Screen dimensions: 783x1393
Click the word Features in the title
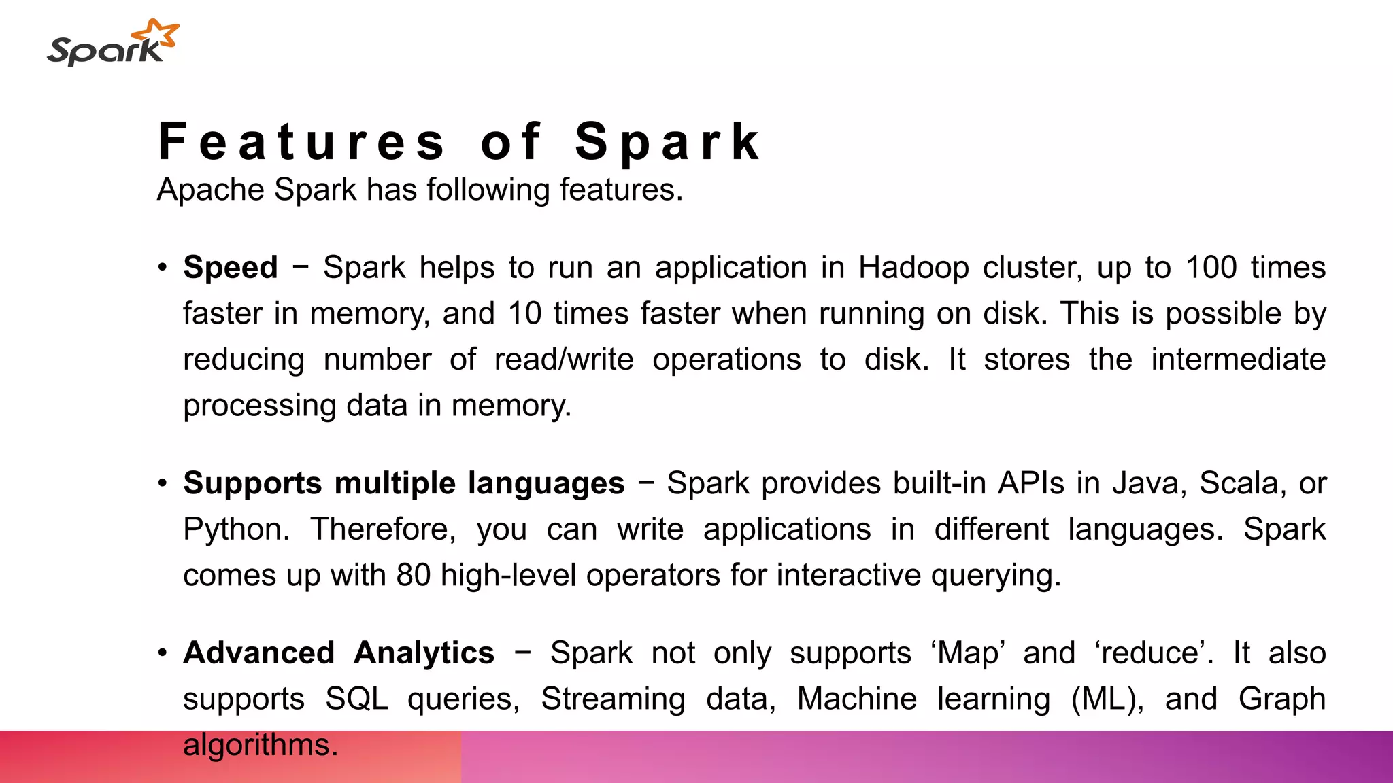pos(302,141)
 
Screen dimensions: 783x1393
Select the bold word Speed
pos(231,267)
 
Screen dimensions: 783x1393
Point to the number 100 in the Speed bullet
pos(1211,267)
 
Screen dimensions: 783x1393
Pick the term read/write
pos(564,360)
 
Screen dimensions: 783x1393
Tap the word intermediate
pos(1238,360)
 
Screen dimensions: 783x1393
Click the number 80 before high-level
pos(414,575)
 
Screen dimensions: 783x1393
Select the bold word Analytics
pos(424,653)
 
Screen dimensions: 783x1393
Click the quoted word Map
pos(968,653)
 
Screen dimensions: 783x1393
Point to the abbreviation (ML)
pos(1107,699)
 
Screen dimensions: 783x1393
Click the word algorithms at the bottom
pos(261,745)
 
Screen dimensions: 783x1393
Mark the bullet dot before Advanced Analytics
pos(162,653)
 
